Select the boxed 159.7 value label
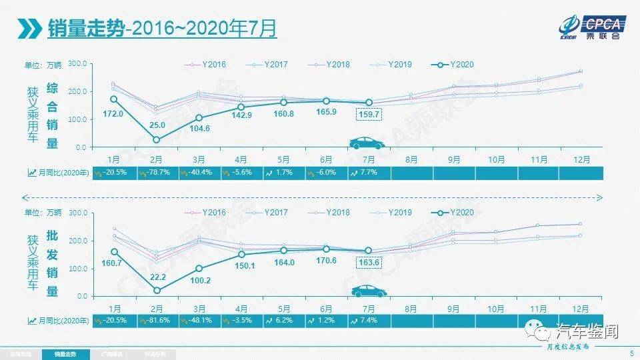(x=369, y=115)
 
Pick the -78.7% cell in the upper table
(x=159, y=173)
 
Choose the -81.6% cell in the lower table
(x=159, y=321)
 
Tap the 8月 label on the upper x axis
(x=411, y=160)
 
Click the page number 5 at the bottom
(x=631, y=353)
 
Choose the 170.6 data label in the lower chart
(x=326, y=261)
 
